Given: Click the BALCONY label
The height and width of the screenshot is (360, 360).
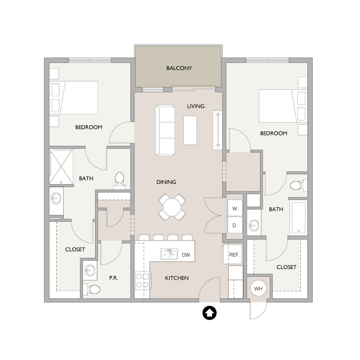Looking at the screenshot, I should click(x=179, y=68).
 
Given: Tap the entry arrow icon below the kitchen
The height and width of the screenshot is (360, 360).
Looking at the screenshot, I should click(x=209, y=313).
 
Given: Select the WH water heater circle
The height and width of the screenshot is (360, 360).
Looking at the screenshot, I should click(x=258, y=289).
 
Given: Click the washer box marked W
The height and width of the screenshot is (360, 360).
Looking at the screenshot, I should click(x=234, y=209).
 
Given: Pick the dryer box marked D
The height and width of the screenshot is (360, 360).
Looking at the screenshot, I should click(x=234, y=225).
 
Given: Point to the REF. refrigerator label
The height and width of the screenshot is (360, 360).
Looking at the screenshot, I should click(x=234, y=255).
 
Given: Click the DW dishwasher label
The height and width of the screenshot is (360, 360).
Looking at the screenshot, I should click(x=186, y=255).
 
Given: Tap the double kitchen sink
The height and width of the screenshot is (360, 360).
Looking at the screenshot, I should click(x=169, y=254).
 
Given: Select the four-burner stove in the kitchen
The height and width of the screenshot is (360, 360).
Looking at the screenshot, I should click(x=142, y=280).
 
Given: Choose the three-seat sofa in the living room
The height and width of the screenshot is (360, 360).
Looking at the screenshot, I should click(x=165, y=131).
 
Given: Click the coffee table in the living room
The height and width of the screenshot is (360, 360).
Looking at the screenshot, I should click(x=190, y=131).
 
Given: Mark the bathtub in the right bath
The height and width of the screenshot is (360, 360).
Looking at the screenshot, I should click(x=298, y=218).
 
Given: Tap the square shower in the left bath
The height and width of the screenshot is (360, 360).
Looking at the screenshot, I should click(x=61, y=166).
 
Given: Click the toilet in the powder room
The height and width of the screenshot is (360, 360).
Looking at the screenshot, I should click(x=92, y=289).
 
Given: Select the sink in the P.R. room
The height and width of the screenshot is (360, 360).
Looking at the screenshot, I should click(x=90, y=270).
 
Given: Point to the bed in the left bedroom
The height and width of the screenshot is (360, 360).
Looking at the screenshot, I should click(x=74, y=98).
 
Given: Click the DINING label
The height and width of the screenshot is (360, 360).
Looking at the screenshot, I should click(x=166, y=182).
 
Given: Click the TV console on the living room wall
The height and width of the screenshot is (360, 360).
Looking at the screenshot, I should click(x=218, y=130).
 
